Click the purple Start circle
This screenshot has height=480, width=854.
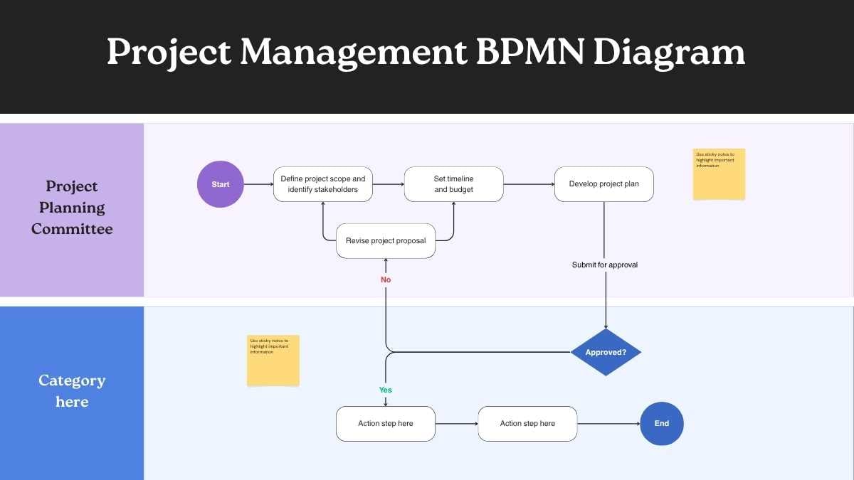pos(221,184)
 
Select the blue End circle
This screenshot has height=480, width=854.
pos(662,423)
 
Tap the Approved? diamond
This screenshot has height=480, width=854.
pos(606,352)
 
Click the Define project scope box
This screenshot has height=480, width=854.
pos(323,184)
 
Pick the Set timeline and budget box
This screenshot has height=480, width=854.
pos(454,184)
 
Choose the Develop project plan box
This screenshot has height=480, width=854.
pos(604,184)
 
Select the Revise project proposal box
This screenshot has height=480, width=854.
pos(386,241)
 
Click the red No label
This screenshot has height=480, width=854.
pos(386,279)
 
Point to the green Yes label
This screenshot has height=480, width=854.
pos(386,390)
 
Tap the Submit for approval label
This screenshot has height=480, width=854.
pos(605,265)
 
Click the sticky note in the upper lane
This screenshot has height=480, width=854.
pos(719,174)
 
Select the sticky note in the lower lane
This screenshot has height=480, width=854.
pos(273,361)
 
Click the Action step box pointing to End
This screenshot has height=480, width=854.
pos(527,423)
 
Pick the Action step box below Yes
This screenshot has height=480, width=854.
pos(386,423)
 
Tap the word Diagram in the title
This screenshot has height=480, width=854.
pos(669,52)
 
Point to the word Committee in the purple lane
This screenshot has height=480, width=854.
pos(72,229)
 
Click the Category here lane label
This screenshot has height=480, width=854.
pos(72,391)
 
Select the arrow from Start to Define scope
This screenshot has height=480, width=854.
pos(258,184)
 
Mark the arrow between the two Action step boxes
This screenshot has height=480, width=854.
pos(456,424)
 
